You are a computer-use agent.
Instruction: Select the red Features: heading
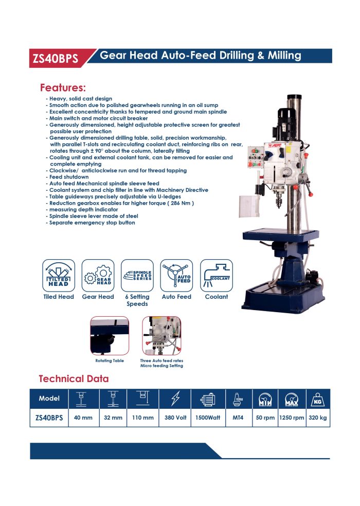[63, 88]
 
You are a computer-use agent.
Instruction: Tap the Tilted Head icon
[59, 275]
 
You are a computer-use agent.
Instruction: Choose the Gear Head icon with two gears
[98, 275]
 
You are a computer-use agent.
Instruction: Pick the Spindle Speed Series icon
[137, 275]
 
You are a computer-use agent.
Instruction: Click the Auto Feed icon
[176, 275]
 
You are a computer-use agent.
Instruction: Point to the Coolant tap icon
[217, 275]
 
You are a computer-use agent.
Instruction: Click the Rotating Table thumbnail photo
[110, 336]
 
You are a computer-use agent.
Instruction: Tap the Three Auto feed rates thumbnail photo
[161, 336]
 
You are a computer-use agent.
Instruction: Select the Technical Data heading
[74, 378]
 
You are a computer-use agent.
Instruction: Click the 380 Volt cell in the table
[175, 418]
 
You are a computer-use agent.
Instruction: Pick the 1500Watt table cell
[208, 418]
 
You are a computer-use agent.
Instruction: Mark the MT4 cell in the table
[238, 418]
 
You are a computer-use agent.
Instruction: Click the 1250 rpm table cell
[292, 418]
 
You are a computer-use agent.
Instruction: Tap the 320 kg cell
[318, 418]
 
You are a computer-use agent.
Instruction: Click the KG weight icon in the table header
[317, 399]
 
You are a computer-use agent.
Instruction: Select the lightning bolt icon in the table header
[175, 399]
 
